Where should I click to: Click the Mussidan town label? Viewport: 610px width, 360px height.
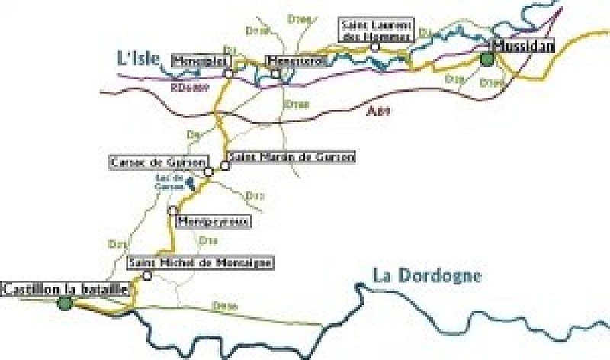point(524,47)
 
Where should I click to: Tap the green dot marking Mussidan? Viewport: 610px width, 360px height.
point(486,59)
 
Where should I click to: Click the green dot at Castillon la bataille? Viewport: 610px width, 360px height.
point(65,304)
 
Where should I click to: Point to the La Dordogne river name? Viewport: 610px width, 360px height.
point(427,276)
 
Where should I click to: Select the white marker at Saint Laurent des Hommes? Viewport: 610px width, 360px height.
point(374,47)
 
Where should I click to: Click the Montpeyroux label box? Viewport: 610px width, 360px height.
point(213,221)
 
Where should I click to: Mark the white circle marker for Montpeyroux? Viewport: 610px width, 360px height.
point(173,210)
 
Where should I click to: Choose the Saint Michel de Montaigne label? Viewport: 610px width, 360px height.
point(200,263)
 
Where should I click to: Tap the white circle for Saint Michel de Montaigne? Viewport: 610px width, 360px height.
point(148,275)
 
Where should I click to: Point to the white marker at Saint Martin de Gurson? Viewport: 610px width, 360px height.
point(224,166)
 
